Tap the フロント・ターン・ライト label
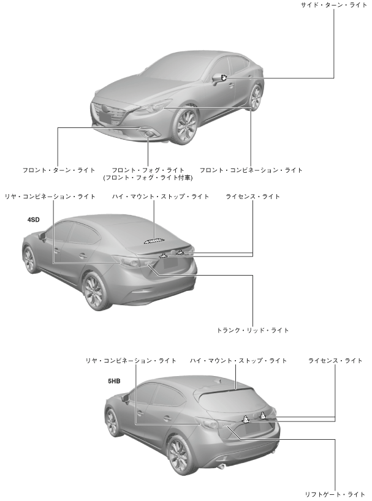57,170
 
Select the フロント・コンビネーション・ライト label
251,170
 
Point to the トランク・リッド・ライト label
252,330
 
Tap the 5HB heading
114,380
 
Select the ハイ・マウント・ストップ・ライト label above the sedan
160,197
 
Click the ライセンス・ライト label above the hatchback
335,361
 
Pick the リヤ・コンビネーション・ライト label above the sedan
50,197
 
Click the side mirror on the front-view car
219,78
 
